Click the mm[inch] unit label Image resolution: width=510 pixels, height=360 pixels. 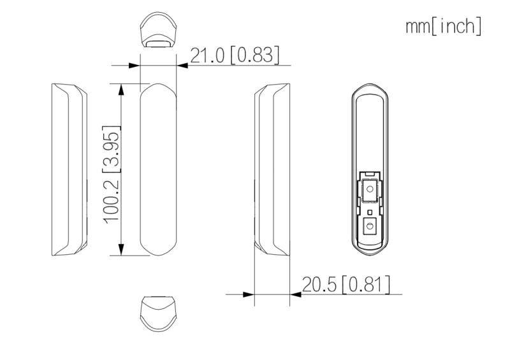[x=444, y=27]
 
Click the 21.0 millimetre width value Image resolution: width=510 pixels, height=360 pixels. [x=208, y=55]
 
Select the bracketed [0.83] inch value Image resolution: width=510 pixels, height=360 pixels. [x=254, y=55]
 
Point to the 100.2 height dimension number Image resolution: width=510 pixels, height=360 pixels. [x=111, y=201]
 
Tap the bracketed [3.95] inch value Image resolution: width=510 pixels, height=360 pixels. [x=111, y=149]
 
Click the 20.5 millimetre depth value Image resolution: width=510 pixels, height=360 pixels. [x=319, y=285]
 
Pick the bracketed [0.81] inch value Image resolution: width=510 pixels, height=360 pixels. [x=366, y=285]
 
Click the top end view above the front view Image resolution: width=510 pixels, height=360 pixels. [x=158, y=30]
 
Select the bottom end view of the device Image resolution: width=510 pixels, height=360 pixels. [x=158, y=314]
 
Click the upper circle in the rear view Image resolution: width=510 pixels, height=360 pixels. [x=370, y=189]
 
